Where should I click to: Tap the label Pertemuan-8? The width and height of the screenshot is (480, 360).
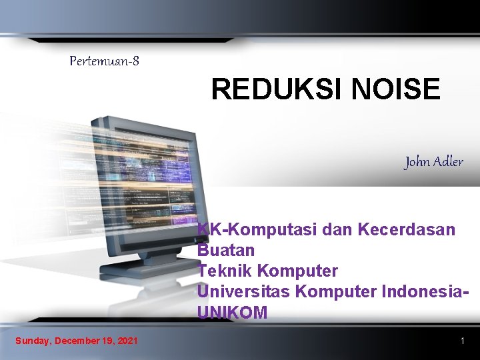tap(105, 61)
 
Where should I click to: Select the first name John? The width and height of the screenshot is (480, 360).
tap(417, 162)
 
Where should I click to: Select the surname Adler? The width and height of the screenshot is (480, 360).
tap(448, 162)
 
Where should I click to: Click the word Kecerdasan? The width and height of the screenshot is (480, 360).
tap(406, 230)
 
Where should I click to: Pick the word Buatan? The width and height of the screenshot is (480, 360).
tap(226, 251)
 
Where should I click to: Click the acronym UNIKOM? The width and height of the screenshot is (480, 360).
tap(232, 313)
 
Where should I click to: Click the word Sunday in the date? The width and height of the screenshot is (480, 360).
tap(33, 341)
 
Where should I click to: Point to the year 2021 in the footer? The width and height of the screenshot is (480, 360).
tap(127, 341)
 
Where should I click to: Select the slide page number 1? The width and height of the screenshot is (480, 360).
tap(462, 341)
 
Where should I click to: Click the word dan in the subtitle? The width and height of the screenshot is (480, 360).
tap(337, 230)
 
